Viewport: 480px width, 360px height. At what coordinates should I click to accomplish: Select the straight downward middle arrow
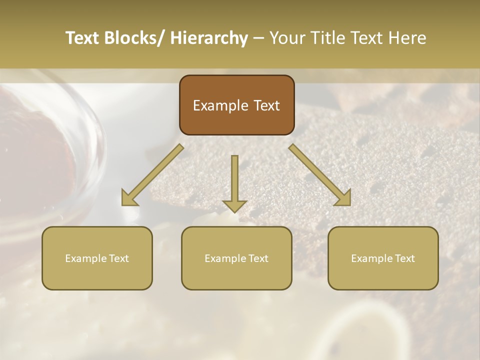tap(234, 180)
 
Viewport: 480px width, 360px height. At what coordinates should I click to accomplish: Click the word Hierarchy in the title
tap(209, 38)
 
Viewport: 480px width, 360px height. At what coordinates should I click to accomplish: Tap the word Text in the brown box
tap(266, 106)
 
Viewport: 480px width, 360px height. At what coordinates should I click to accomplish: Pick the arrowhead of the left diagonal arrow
tap(129, 198)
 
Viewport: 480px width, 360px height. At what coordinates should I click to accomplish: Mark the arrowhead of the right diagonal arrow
tap(343, 198)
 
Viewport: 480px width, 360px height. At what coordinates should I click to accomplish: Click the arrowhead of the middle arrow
tap(234, 205)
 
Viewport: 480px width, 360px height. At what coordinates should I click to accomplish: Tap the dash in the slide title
tap(258, 38)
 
